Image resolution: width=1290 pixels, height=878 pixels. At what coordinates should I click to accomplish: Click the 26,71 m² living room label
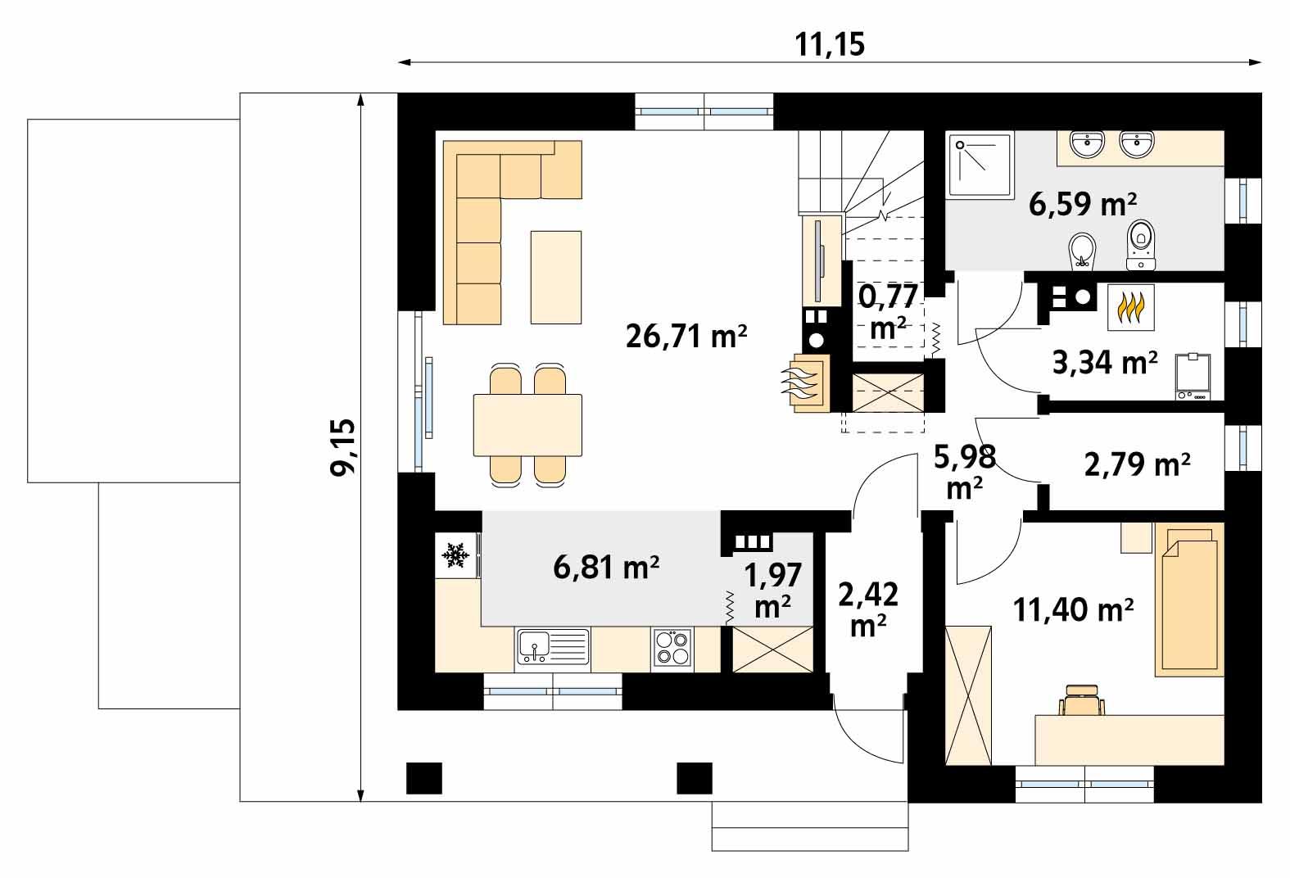click(686, 336)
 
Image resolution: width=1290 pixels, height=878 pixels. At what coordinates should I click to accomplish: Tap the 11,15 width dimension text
click(830, 45)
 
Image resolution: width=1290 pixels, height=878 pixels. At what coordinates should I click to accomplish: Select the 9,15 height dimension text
click(343, 447)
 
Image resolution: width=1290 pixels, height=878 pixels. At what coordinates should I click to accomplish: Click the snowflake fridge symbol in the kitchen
click(456, 556)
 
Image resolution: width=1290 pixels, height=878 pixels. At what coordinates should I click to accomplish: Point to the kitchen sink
click(552, 646)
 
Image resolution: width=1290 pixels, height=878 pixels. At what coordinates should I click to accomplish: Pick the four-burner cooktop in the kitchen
click(672, 649)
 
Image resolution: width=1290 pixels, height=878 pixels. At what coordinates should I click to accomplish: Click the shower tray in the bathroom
click(980, 165)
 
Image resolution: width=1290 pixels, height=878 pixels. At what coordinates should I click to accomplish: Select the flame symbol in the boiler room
click(1131, 308)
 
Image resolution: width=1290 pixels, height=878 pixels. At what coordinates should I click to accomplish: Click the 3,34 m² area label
click(1104, 361)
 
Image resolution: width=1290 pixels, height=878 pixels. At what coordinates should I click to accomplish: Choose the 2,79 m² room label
click(1137, 464)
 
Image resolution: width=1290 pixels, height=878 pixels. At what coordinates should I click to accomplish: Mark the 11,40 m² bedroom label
click(1073, 609)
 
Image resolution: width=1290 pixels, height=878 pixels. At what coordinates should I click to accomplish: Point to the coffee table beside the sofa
click(556, 277)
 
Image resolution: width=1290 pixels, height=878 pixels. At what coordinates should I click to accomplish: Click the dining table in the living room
click(527, 425)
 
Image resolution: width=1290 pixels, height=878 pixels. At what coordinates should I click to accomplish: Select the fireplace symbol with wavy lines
click(808, 383)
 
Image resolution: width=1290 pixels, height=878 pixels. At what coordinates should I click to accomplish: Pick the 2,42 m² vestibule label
click(867, 609)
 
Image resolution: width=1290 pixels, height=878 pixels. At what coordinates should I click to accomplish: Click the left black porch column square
click(424, 777)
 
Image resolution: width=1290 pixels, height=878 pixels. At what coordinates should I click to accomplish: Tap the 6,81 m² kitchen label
click(606, 567)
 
